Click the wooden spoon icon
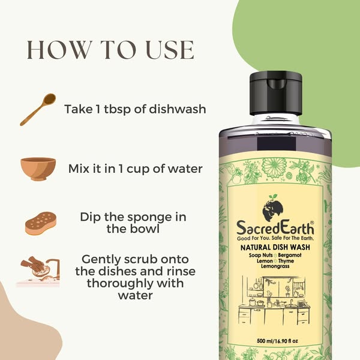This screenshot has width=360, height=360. pyautogui.click(x=38, y=110)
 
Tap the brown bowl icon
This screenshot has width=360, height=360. pyautogui.click(x=38, y=169)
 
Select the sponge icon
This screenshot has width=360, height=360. pyautogui.click(x=41, y=223)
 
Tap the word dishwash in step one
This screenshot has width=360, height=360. pyautogui.click(x=178, y=109)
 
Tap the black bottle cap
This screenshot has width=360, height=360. pyautogui.click(x=275, y=93)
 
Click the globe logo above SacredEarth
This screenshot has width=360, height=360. pyautogui.click(x=272, y=208)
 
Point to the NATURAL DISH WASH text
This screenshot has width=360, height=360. pyautogui.click(x=275, y=247)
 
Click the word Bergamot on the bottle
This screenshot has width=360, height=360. pyautogui.click(x=290, y=255)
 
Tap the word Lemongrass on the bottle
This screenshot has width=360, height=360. pyautogui.click(x=275, y=266)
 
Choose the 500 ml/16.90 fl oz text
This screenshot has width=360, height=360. pyautogui.click(x=277, y=341)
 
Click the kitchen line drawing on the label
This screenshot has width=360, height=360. pyautogui.click(x=274, y=300)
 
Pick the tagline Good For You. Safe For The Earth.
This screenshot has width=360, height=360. pyautogui.click(x=275, y=238)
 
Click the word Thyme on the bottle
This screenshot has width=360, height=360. pyautogui.click(x=286, y=261)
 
